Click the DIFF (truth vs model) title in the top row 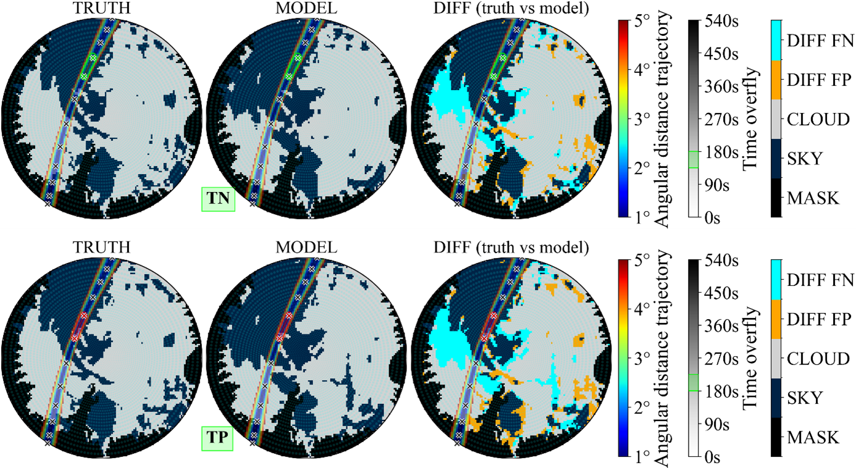click(506, 8)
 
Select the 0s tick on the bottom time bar click(713, 458)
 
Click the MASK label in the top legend click(813, 198)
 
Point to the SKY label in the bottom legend click(805, 398)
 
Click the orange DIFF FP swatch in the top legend click(776, 80)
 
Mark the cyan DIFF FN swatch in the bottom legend click(776, 279)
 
